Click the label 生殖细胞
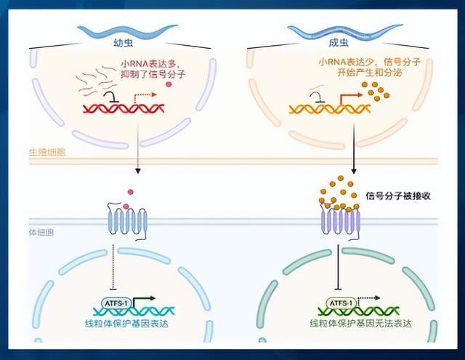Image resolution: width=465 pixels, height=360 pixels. (50, 151)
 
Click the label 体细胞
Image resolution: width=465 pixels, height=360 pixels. (45, 235)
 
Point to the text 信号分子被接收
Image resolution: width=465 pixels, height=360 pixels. (399, 196)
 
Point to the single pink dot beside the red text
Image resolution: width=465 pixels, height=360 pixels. (169, 85)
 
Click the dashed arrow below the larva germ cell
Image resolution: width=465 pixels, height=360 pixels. (137, 153)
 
